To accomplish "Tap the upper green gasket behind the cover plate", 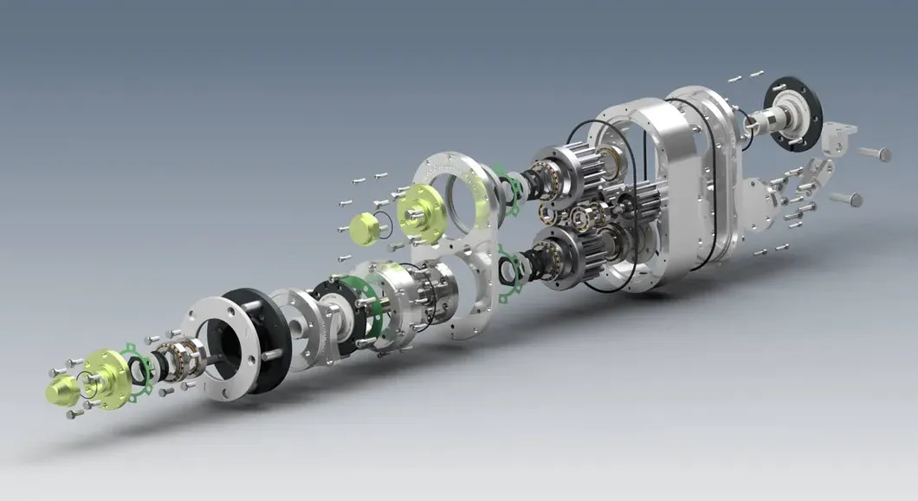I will coord(510,192).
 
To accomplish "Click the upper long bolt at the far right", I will coord(874,154).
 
